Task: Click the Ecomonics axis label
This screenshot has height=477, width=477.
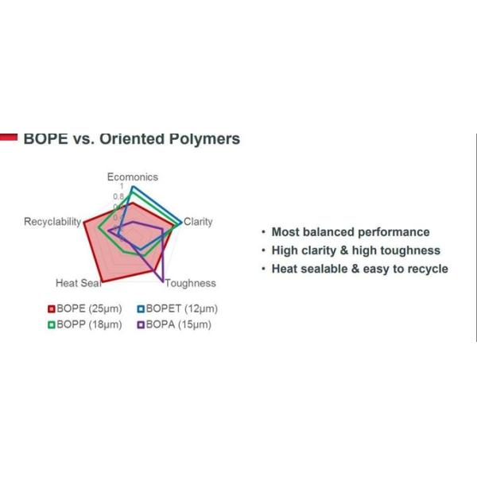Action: (133, 177)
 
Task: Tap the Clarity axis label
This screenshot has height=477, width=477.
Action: (198, 222)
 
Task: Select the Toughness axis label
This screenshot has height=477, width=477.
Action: (190, 283)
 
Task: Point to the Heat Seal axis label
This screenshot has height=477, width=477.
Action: (78, 283)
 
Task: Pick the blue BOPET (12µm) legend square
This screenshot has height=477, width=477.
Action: (141, 308)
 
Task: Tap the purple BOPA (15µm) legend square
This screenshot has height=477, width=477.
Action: (141, 324)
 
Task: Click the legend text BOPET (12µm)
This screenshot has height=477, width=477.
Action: (181, 308)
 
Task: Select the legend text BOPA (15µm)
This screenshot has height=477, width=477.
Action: (179, 324)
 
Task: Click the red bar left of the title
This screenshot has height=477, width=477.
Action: (9, 137)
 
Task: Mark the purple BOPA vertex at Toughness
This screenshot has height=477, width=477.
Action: (164, 281)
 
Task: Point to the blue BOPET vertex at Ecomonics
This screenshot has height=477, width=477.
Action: (133, 187)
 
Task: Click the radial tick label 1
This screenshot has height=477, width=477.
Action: (122, 187)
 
